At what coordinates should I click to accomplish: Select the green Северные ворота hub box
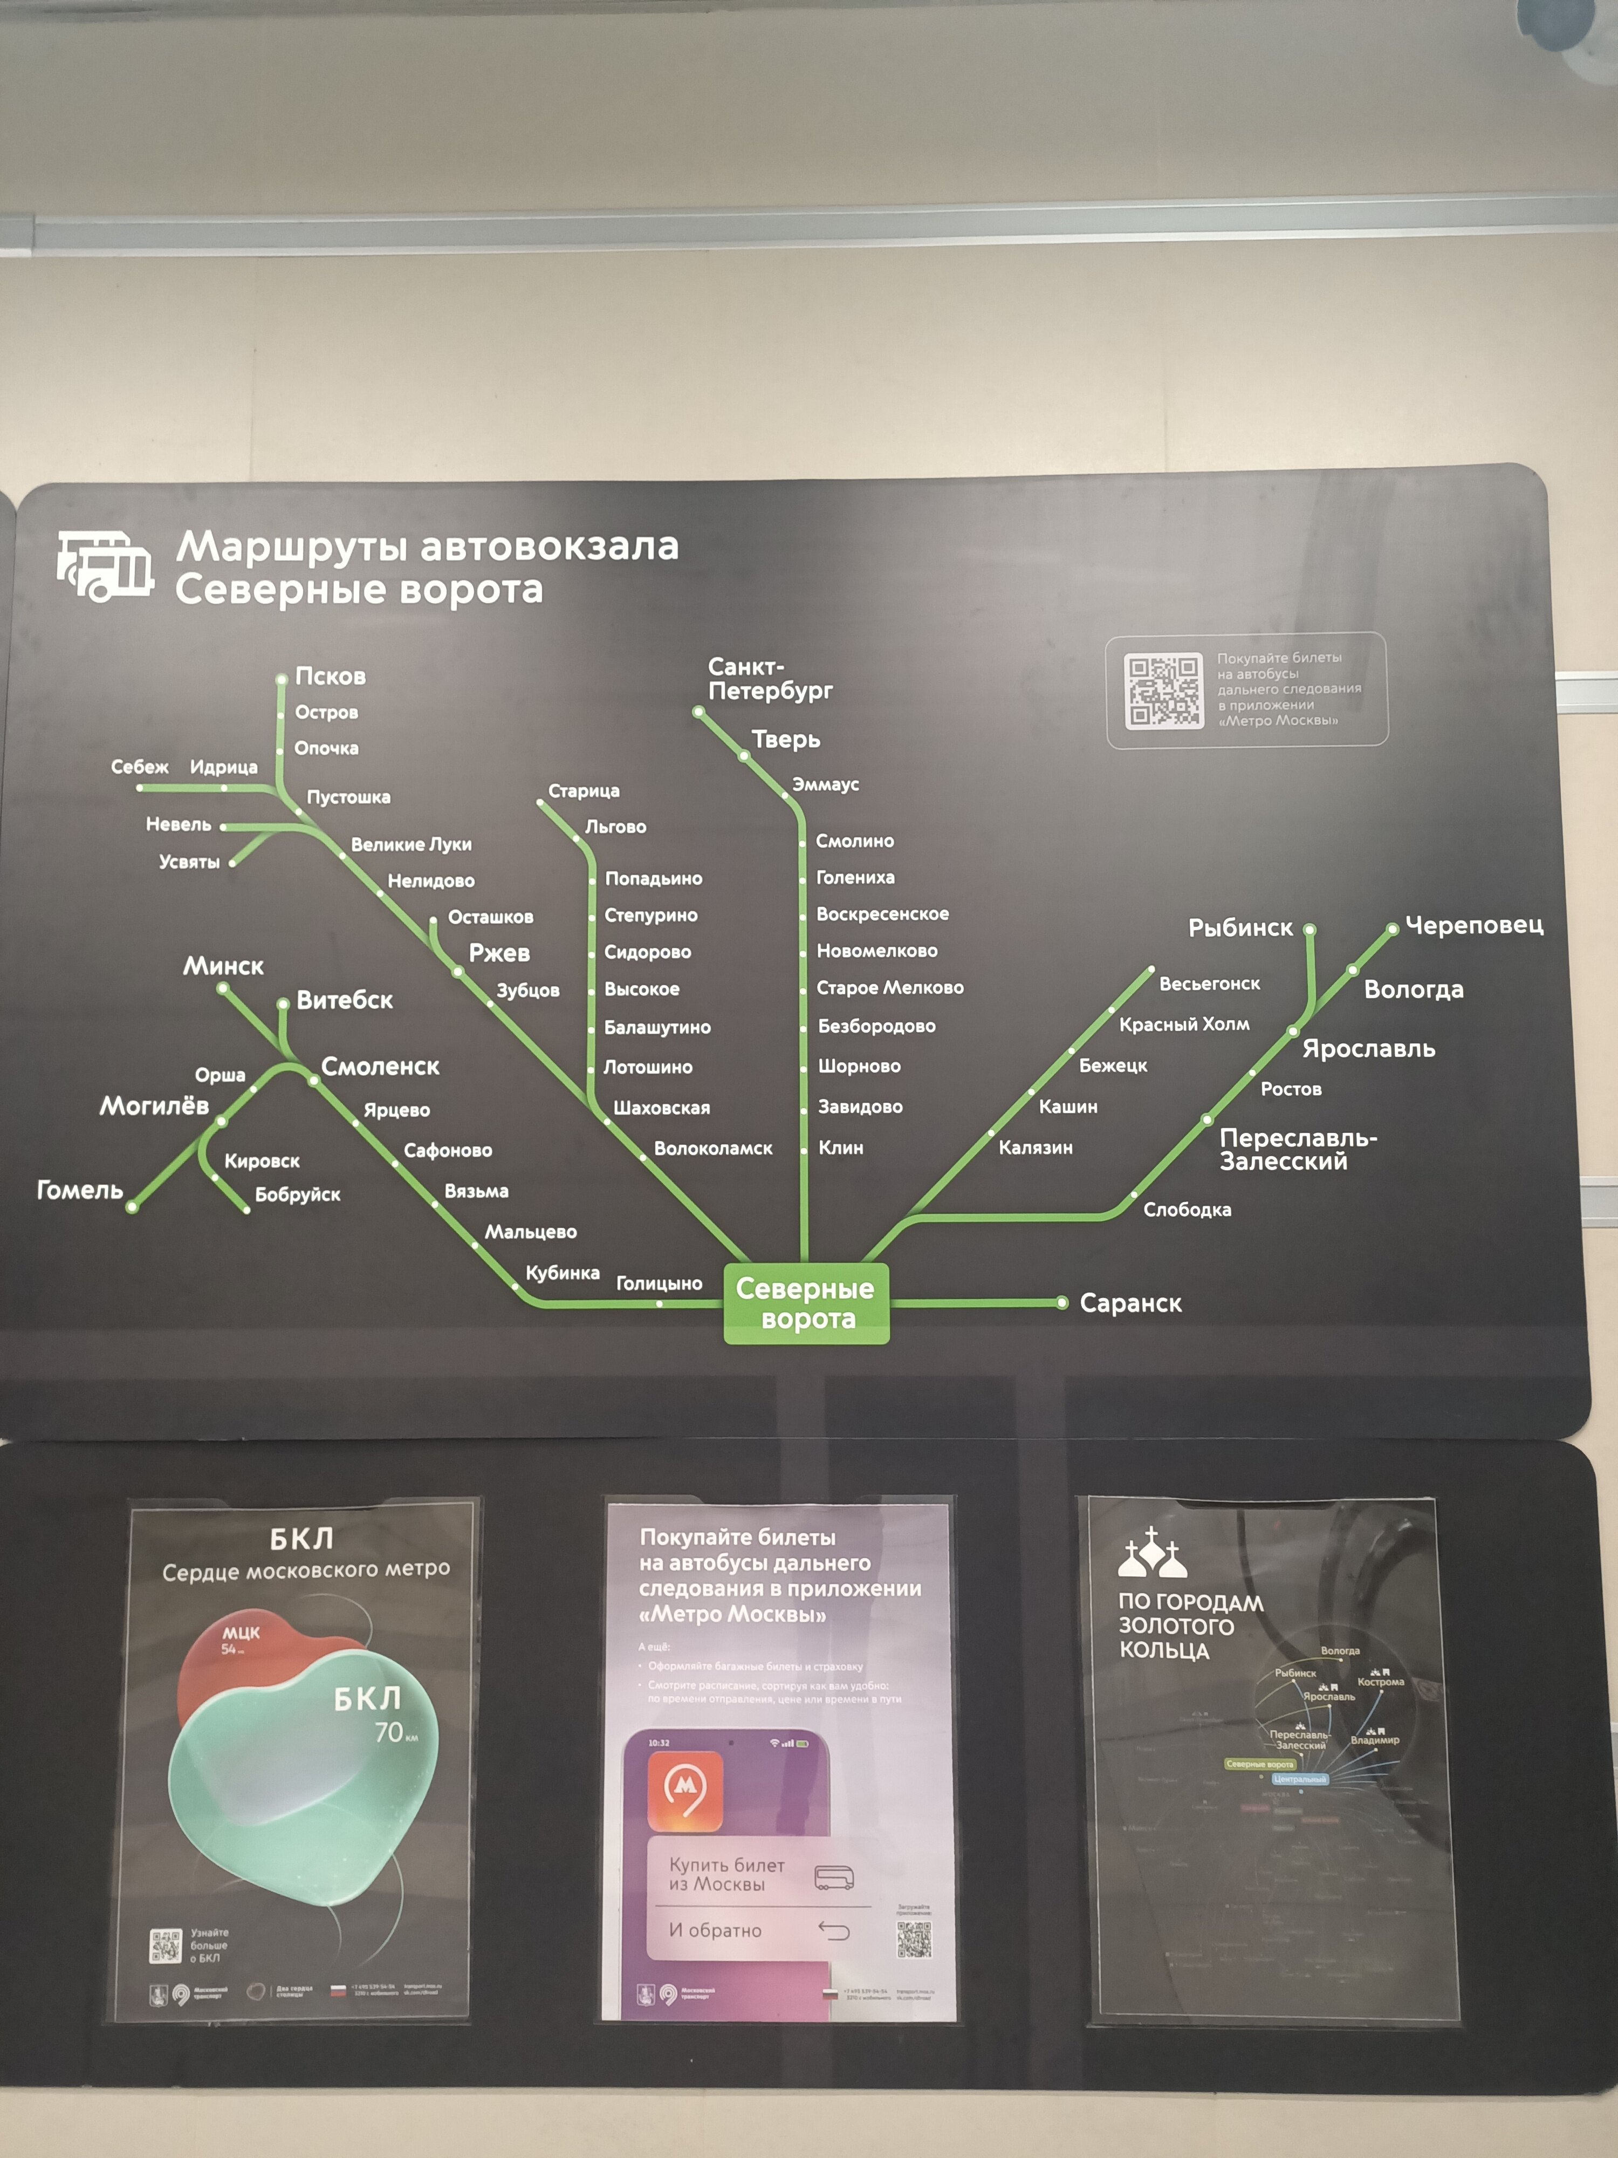pos(806,1303)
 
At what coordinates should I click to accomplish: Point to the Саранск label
pos(1130,1303)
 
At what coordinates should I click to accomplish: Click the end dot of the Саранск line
pos(1062,1302)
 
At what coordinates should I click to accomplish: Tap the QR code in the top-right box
pos(1163,691)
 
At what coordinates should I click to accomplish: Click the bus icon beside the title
pos(104,566)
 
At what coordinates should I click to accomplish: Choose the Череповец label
pos(1473,925)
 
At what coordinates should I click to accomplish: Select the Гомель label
pos(80,1190)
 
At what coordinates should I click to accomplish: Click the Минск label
pos(223,966)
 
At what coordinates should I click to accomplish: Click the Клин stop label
pos(841,1148)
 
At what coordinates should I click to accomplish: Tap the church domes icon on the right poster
pos(1152,1553)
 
